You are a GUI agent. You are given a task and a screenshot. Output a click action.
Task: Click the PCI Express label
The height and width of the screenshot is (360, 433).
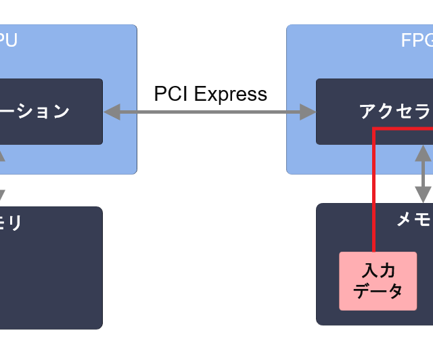(x=210, y=94)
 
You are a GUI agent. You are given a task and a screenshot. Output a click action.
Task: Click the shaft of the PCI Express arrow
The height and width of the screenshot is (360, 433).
(x=210, y=112)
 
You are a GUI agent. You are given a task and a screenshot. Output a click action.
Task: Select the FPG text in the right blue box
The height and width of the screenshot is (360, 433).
(x=416, y=41)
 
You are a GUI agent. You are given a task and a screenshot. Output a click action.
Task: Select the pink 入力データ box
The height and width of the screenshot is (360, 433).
(x=378, y=281)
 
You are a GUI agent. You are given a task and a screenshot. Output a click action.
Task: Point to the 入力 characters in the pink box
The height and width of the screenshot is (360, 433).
(x=378, y=271)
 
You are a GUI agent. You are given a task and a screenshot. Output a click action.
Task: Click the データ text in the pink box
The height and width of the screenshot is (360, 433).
(x=378, y=292)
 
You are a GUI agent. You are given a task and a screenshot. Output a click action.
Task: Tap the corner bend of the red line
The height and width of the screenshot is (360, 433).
(x=374, y=128)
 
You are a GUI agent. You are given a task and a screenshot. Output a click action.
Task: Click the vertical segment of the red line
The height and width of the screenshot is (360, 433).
(x=373, y=189)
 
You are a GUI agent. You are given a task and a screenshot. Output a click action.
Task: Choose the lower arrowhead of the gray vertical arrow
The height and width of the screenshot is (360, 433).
(x=424, y=196)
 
